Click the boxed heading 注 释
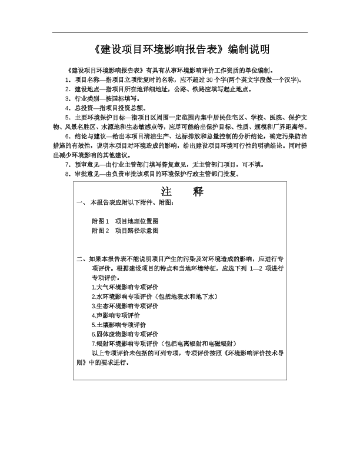point(181,192)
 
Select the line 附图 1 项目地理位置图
point(125,221)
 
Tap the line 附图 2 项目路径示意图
point(125,231)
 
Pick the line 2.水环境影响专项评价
point(155,297)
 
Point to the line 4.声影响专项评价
point(118,315)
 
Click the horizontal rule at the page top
point(180,32)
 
